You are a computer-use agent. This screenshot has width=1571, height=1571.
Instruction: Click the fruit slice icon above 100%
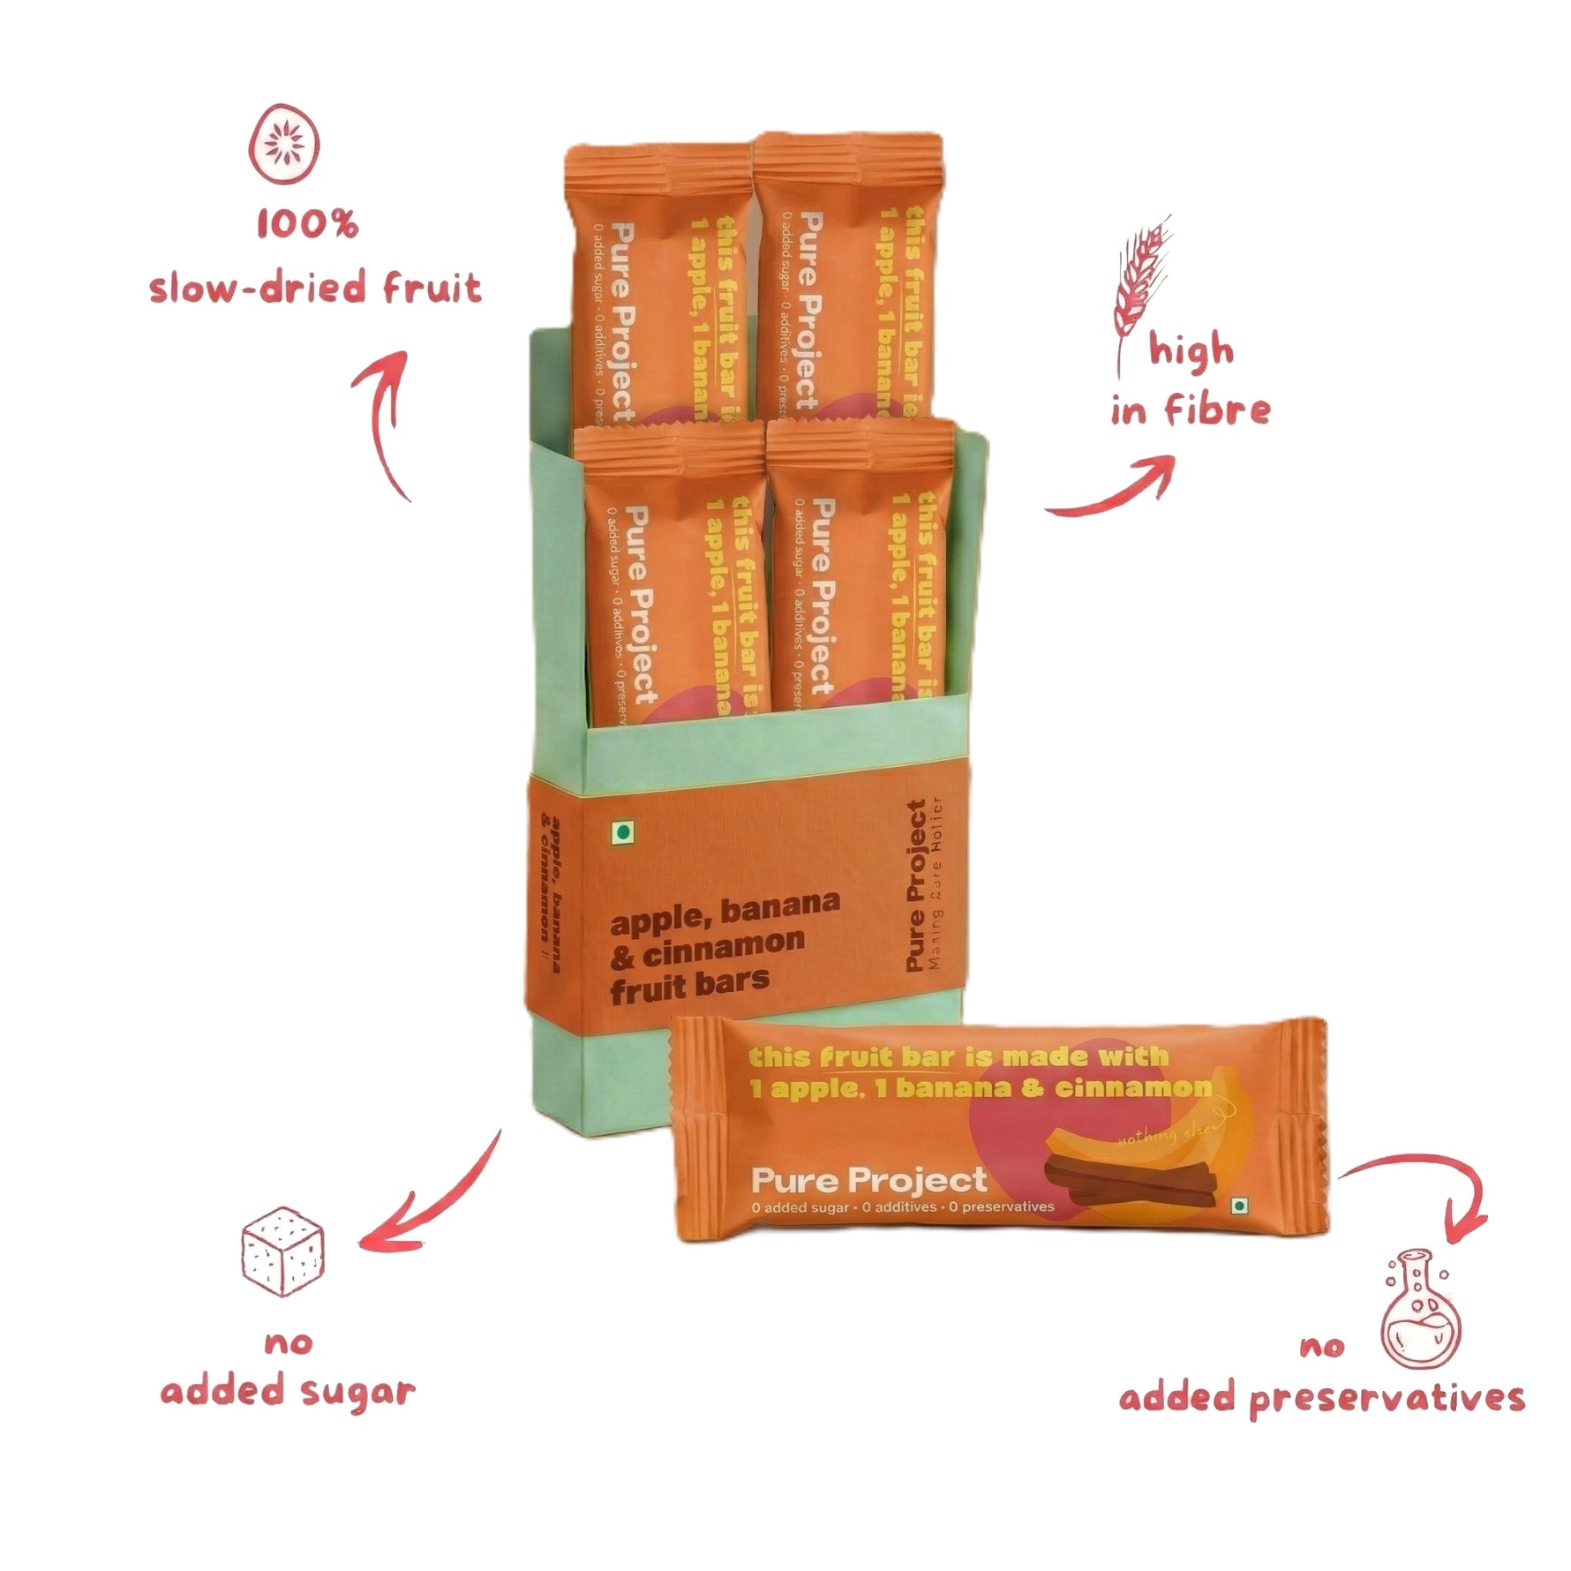click(x=284, y=144)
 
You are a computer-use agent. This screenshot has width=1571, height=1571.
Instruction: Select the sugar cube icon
click(x=283, y=1251)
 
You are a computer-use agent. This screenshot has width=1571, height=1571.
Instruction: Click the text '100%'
click(x=307, y=224)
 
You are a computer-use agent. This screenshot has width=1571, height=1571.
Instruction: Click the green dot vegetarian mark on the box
click(x=623, y=831)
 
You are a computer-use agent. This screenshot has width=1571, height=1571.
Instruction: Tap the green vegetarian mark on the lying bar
click(x=1241, y=1206)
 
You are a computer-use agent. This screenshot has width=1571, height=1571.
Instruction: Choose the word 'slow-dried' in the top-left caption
click(x=257, y=288)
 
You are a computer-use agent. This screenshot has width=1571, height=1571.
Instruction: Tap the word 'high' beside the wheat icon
click(x=1191, y=350)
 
